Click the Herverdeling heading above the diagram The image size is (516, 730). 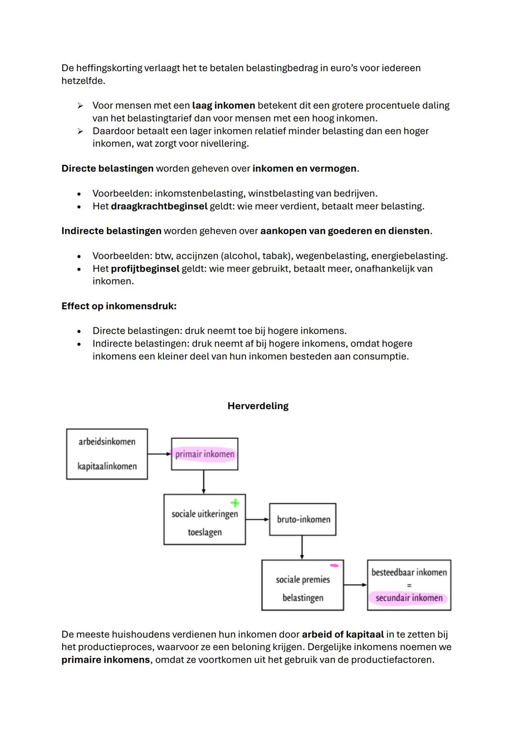click(258, 406)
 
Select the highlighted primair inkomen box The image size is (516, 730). click(204, 454)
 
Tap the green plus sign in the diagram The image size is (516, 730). click(235, 503)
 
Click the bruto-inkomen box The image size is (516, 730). click(303, 519)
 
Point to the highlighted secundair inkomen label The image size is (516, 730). click(409, 598)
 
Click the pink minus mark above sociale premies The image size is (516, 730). click(334, 566)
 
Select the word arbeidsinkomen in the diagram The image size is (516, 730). click(107, 442)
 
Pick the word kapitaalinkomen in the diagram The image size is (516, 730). click(107, 466)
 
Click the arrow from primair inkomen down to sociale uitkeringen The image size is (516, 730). click(204, 482)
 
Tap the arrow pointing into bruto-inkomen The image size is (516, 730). click(258, 519)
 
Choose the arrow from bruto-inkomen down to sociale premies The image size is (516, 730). click(302, 547)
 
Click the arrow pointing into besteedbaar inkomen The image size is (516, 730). click(355, 585)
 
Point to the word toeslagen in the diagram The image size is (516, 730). click(204, 532)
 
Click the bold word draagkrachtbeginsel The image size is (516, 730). click(159, 207)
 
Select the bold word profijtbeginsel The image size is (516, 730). click(146, 269)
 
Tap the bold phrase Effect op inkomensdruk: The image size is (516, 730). click(119, 306)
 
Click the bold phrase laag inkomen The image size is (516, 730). click(224, 106)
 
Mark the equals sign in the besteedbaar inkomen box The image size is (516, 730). click(409, 585)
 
